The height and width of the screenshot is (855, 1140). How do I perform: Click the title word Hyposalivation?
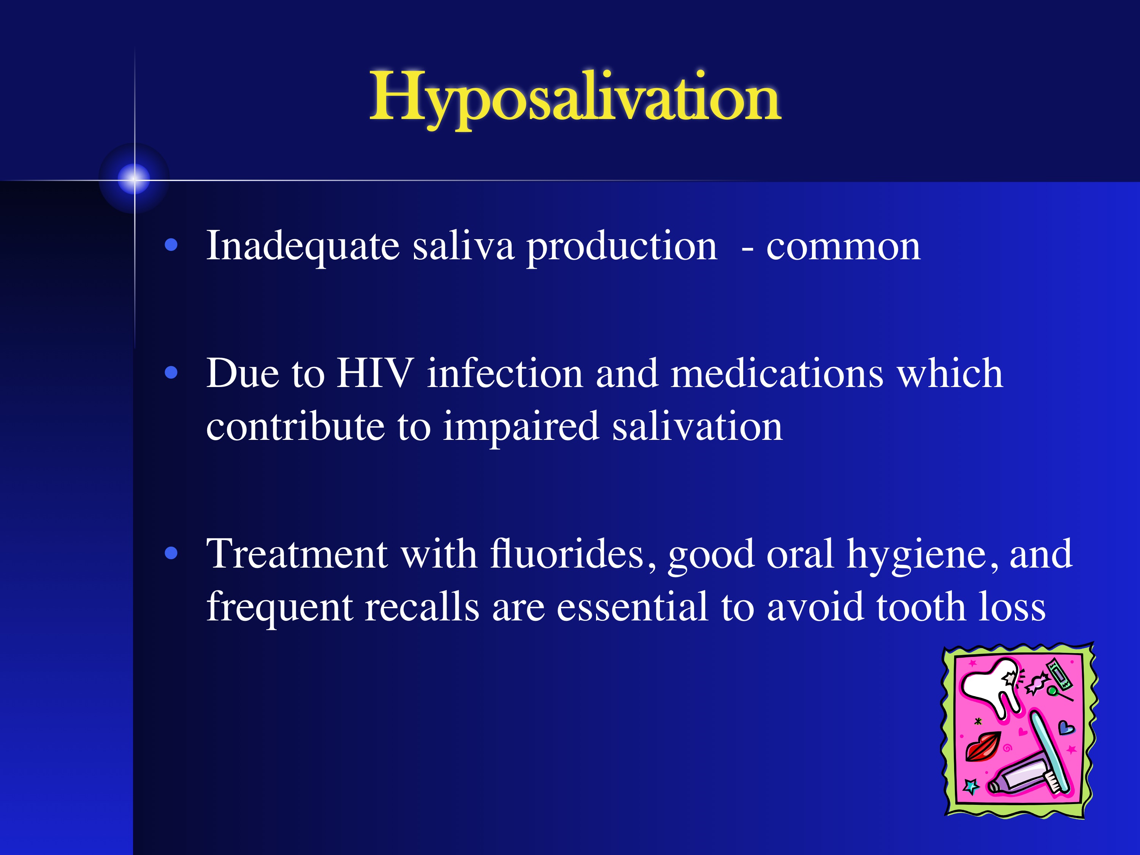click(x=575, y=98)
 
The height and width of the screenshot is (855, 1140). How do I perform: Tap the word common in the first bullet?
click(x=843, y=247)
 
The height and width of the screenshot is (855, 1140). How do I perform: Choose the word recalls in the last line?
click(x=422, y=607)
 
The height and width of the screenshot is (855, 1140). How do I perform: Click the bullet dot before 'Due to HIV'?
click(x=171, y=372)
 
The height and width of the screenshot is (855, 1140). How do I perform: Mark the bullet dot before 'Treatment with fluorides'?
click(x=171, y=554)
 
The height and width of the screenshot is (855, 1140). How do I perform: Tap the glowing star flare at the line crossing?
click(x=135, y=180)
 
